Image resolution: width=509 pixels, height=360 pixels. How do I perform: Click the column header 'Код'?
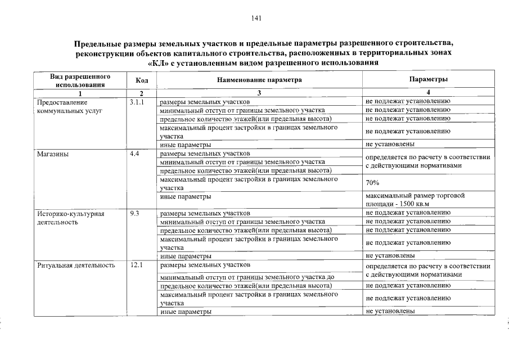142,80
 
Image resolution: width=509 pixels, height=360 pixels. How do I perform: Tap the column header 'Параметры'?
429,80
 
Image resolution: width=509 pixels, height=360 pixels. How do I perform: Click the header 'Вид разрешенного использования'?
79,80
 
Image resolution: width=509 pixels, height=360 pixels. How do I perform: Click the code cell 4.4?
134,154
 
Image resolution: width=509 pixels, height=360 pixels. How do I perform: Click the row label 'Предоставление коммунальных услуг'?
70,106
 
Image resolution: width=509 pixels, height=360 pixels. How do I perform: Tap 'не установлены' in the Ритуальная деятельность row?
390,311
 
